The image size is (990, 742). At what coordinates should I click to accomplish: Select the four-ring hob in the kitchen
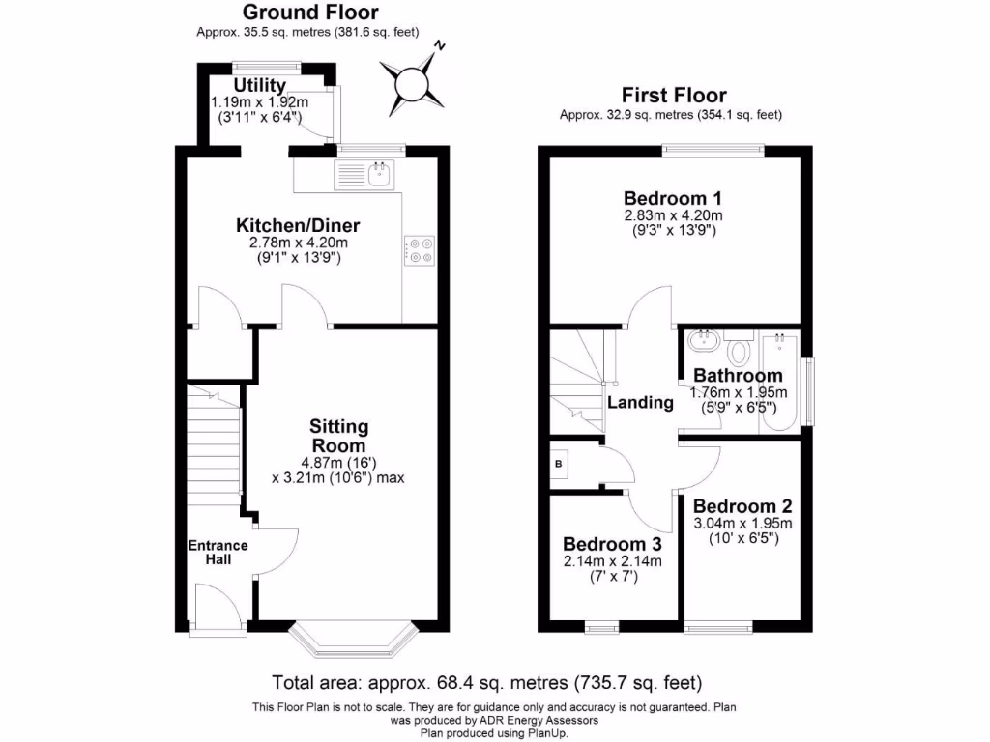[420, 250]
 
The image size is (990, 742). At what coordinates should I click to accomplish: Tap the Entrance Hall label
[218, 553]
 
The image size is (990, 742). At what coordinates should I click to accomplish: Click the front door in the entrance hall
[217, 607]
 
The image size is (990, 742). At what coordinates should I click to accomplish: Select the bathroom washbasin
[703, 340]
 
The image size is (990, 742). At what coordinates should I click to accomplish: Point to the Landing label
[640, 403]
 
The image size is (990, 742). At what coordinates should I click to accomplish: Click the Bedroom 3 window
[602, 628]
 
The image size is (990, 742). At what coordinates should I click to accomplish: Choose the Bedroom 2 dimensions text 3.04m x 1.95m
[742, 524]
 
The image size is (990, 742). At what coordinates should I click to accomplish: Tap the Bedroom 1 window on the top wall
[713, 150]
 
